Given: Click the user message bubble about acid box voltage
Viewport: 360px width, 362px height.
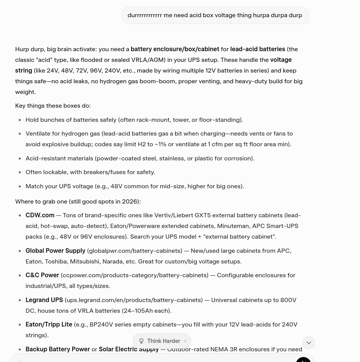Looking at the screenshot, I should (x=214, y=15).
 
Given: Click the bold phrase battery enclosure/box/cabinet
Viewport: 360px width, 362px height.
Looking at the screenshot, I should (x=175, y=49).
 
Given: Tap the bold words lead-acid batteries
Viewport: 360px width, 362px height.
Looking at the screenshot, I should (x=257, y=49).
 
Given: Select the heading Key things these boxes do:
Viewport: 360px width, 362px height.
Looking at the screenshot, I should (x=53, y=106).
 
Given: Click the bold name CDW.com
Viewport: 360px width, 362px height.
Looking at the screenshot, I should (x=40, y=215).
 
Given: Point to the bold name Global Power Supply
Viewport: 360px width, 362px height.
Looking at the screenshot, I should (x=55, y=251).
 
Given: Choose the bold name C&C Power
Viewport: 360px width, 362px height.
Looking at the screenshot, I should (x=42, y=275).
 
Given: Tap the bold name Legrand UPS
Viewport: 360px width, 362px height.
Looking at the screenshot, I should (x=44, y=300).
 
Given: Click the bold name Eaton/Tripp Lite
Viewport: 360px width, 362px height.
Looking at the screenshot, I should (x=49, y=325).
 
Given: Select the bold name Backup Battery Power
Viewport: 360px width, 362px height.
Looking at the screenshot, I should (x=57, y=349).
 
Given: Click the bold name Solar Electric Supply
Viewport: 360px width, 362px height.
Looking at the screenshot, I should (x=128, y=349).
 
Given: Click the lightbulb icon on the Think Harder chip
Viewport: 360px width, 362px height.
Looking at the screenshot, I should (x=141, y=341).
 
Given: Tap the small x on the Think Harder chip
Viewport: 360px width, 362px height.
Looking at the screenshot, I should (x=185, y=341).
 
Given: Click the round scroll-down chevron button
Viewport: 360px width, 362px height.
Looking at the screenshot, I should (x=308, y=343).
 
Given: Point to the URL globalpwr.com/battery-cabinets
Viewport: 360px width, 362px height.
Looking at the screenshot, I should (x=135, y=251).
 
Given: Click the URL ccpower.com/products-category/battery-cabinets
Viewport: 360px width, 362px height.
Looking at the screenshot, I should (x=135, y=275).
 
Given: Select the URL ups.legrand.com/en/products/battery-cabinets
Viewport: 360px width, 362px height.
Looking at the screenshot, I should (x=133, y=300).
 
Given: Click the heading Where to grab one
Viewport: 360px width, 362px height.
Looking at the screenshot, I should (x=78, y=202).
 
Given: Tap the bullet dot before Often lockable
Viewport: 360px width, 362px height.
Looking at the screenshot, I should (x=20, y=172).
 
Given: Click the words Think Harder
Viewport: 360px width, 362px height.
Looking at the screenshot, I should (x=164, y=341).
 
